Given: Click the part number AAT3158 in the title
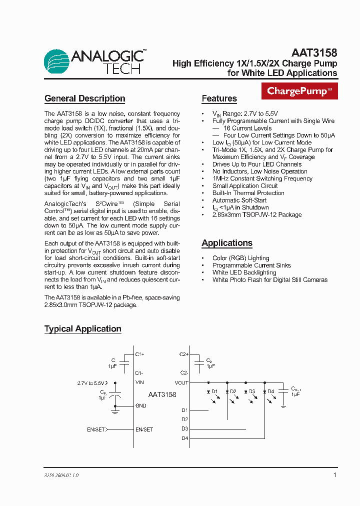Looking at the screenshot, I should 314,52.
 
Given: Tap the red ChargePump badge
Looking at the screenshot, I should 299,91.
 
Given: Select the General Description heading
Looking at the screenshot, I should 84,98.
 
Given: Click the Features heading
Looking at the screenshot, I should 219,98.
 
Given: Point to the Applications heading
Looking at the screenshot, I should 226,243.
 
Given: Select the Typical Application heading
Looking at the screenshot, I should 82,328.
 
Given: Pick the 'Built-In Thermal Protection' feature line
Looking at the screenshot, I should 248,193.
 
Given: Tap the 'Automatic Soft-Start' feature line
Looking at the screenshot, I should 240,200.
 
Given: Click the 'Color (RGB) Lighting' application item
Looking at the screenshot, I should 240,258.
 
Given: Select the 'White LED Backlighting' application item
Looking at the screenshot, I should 244,272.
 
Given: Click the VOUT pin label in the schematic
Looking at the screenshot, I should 181,382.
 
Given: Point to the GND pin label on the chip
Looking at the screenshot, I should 140,405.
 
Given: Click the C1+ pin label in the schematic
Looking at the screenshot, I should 139,354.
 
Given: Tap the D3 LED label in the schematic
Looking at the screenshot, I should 251,391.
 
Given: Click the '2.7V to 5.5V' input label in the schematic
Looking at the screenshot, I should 91,383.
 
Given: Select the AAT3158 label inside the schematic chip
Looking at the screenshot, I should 162,394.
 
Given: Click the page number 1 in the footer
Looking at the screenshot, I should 334,475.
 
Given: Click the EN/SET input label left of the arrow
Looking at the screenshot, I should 96,429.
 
